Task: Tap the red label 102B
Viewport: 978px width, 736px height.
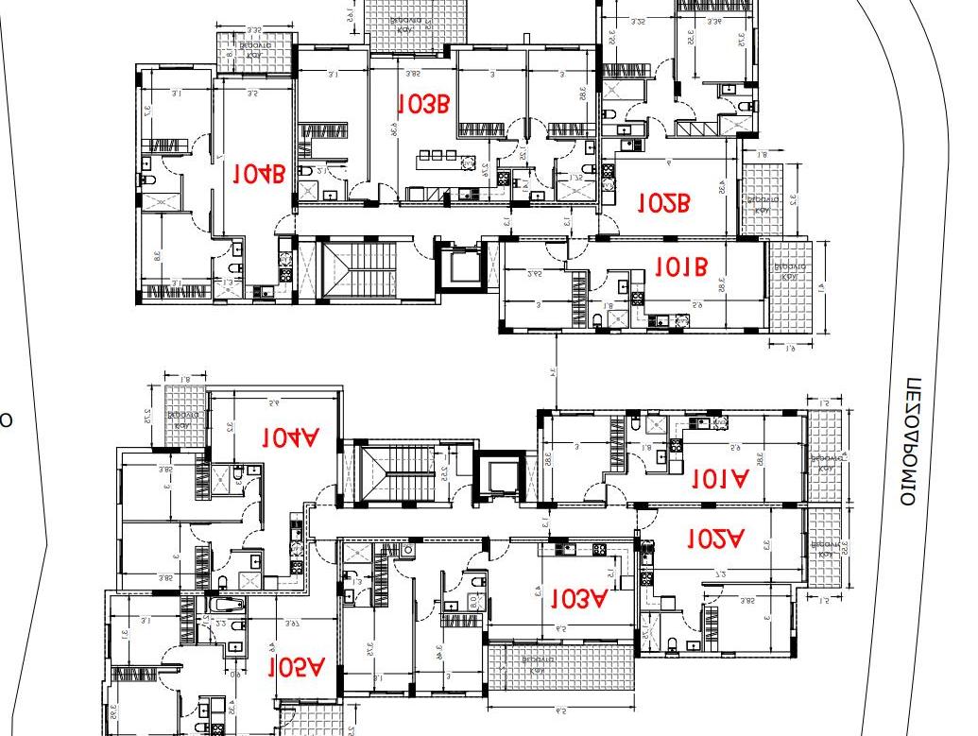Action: [x=664, y=202]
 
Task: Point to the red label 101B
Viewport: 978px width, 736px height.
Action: [x=680, y=267]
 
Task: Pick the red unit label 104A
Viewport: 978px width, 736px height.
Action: [x=291, y=437]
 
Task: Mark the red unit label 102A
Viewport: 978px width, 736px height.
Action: [x=714, y=539]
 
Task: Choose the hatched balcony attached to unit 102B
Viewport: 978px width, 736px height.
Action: [x=763, y=199]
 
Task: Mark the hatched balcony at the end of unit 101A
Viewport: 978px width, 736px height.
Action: [x=825, y=458]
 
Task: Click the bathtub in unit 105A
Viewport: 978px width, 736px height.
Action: [x=226, y=605]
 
